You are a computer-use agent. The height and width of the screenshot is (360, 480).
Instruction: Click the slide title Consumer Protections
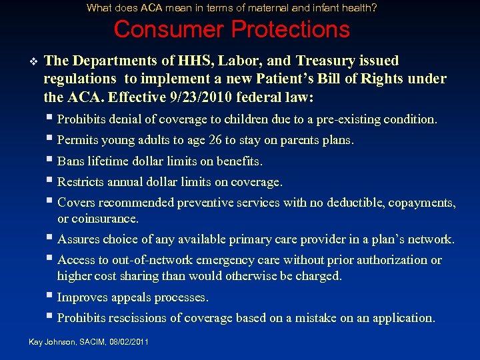[x=231, y=29]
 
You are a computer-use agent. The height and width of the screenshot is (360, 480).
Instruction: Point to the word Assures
[x=78, y=239]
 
